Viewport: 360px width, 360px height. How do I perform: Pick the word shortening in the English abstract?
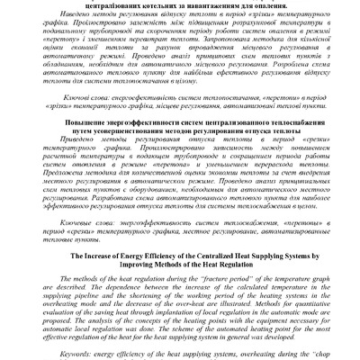pyautogui.click(x=148, y=280)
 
